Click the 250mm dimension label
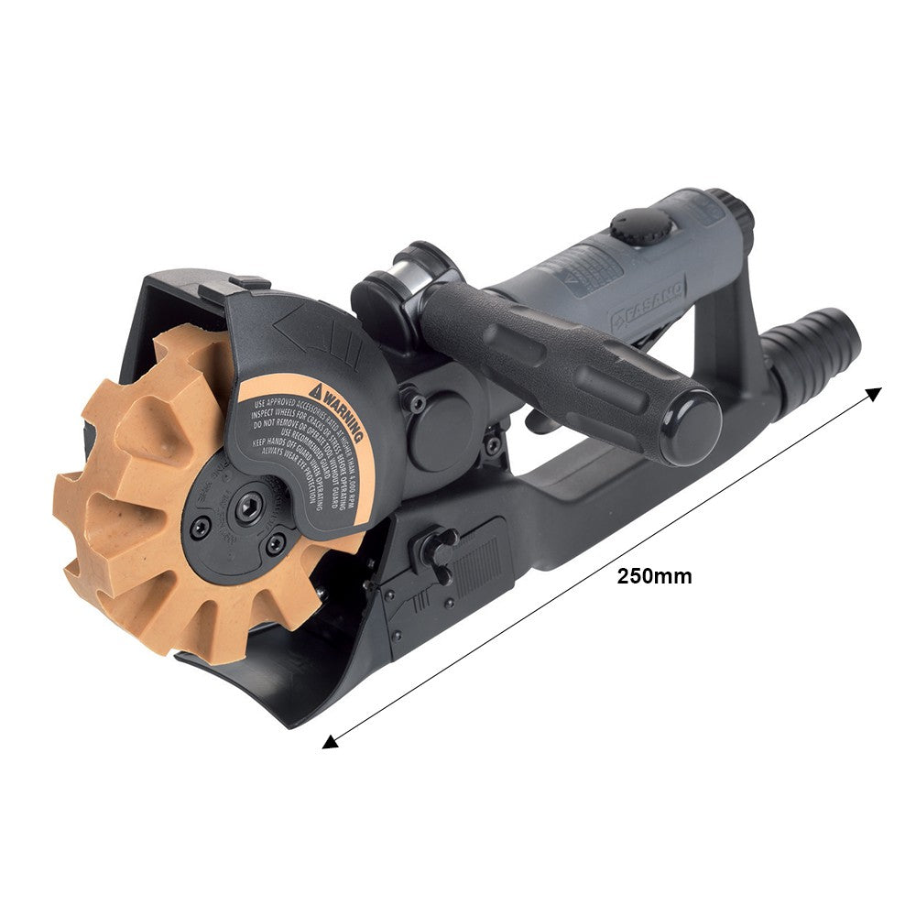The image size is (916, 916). [x=654, y=576]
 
